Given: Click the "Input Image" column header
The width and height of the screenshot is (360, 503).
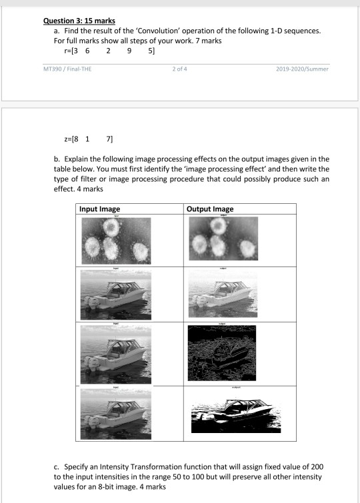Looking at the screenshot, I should pos(100,209).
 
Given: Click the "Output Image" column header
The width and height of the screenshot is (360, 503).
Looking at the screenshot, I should pos(211,209).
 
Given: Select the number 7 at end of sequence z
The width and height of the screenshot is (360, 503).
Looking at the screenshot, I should pos(109,139).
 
